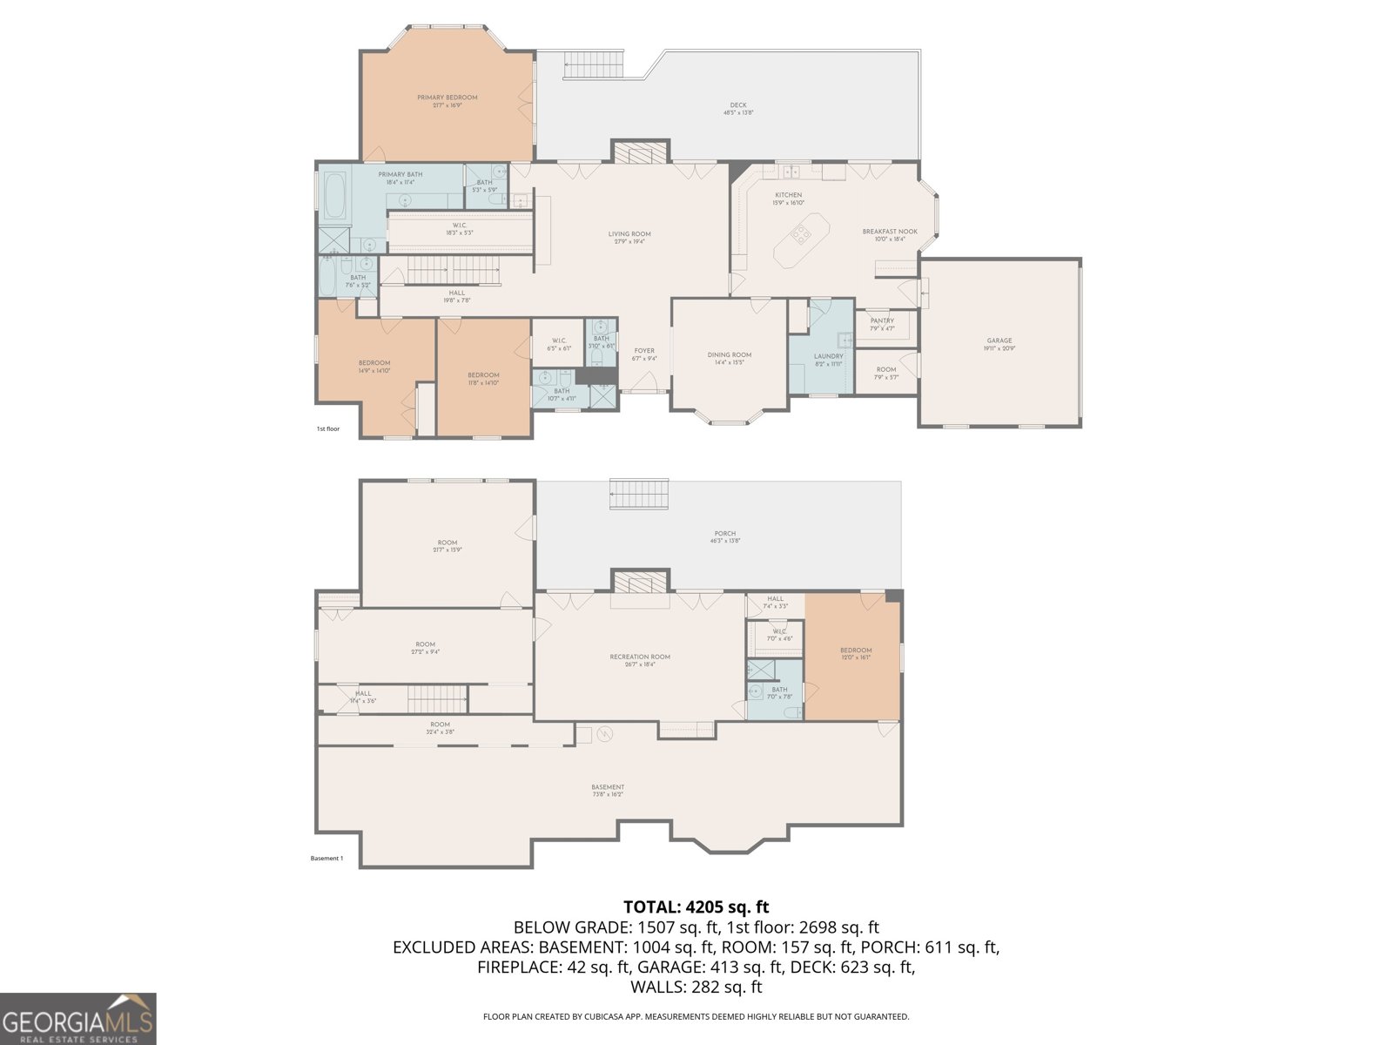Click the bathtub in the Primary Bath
tap(334, 195)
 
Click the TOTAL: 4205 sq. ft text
tap(696, 907)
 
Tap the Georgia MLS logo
tap(77, 1019)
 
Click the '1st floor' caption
tap(327, 428)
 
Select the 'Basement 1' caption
tap(326, 858)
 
